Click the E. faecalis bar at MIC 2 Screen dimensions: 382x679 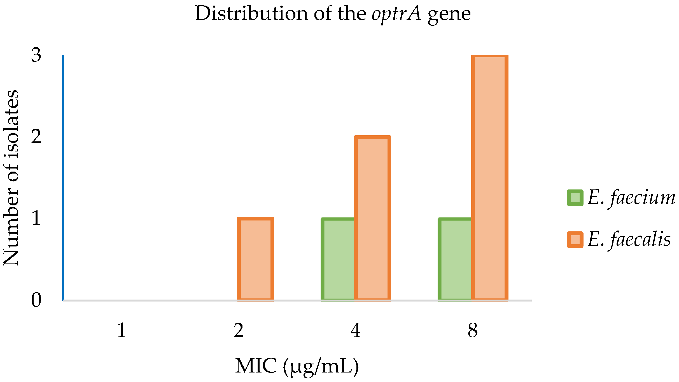click(255, 259)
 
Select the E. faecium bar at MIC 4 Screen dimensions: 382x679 click(338, 259)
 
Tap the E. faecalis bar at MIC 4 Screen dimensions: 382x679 click(372, 219)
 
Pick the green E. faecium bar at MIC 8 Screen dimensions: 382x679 click(455, 259)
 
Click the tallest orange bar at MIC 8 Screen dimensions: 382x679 click(490, 178)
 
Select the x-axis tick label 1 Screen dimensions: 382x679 click(121, 331)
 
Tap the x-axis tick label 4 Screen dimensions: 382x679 click(356, 331)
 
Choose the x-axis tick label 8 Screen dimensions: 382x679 click(473, 331)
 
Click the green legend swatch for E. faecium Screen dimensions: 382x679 click(575, 198)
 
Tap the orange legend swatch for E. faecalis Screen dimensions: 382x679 click(575, 239)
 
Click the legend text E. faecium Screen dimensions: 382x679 click(631, 198)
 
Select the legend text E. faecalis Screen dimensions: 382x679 click(629, 239)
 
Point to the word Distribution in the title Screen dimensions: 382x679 click(251, 13)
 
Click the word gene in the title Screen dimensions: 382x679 click(449, 15)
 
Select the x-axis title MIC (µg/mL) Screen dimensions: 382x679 click(297, 366)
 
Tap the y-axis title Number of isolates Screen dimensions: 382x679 click(11, 177)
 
